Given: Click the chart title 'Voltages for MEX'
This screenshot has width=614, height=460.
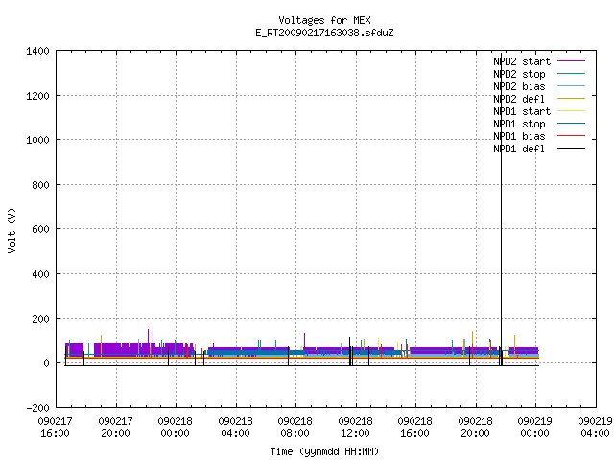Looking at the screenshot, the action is click(x=324, y=20).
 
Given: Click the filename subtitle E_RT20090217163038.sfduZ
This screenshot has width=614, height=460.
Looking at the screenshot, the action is click(x=324, y=33).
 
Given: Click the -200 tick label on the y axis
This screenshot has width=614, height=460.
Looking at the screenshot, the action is click(x=37, y=408).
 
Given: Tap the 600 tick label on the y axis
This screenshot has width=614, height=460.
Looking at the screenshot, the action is click(x=40, y=229).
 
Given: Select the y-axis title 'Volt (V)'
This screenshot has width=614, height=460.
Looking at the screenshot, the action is click(x=12, y=230).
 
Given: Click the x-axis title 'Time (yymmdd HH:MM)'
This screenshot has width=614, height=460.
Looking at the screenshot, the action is click(x=324, y=451).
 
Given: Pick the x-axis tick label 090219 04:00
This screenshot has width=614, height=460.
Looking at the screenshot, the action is click(x=595, y=427).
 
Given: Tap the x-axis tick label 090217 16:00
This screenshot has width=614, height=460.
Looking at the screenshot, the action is click(x=55, y=427).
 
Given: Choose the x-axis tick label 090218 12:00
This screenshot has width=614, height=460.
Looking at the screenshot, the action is click(x=355, y=427).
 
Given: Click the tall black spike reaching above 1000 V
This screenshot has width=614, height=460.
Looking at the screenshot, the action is click(x=501, y=209).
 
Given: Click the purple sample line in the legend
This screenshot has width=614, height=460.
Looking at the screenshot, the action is click(x=571, y=61).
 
